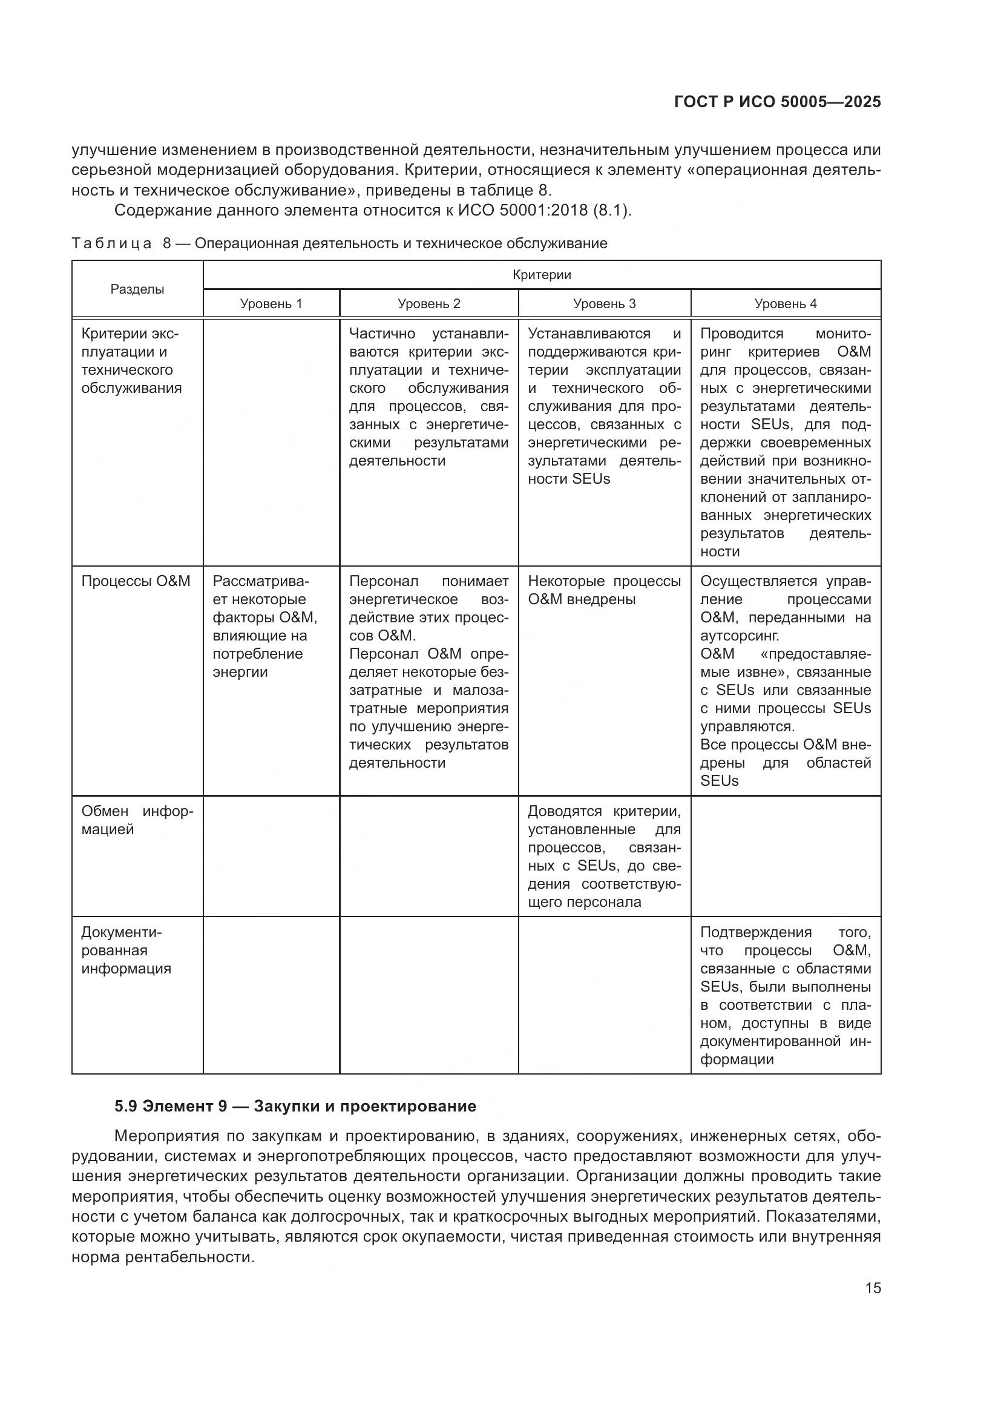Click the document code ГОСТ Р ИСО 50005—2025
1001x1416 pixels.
(777, 102)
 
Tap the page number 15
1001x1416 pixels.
(873, 1288)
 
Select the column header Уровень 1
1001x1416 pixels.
(271, 304)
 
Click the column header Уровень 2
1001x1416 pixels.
(428, 304)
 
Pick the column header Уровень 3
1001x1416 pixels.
(604, 304)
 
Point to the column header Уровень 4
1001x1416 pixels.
(786, 304)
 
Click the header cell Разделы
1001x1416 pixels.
(137, 289)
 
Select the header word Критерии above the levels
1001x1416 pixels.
(542, 275)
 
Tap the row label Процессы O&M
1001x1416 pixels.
(136, 582)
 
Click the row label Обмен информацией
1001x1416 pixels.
(137, 820)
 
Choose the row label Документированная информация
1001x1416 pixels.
(126, 950)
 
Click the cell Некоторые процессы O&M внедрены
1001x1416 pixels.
(604, 590)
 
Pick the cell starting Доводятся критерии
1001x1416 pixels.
(604, 857)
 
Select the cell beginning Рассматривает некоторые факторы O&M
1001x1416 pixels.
(265, 627)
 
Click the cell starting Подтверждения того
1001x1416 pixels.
(786, 995)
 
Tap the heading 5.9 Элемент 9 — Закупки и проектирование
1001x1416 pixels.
(295, 1106)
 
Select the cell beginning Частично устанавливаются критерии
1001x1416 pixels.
(428, 397)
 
